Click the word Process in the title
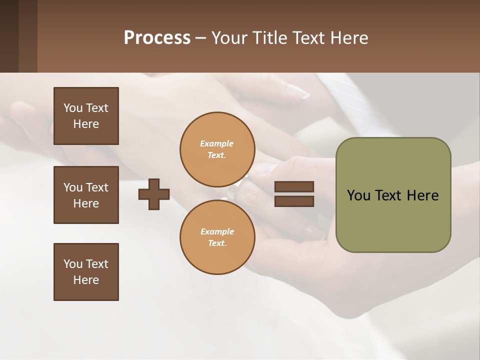[157, 38]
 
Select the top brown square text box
[86, 116]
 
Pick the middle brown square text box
[86, 195]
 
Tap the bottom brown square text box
[86, 272]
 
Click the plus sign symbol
[154, 194]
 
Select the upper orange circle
[217, 149]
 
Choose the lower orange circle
[217, 237]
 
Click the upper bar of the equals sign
[294, 187]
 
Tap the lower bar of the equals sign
[294, 201]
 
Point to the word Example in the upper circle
[216, 143]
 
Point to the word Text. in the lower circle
[217, 243]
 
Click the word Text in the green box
[388, 195]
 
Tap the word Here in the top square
[86, 124]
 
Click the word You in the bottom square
[73, 264]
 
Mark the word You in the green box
[358, 195]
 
